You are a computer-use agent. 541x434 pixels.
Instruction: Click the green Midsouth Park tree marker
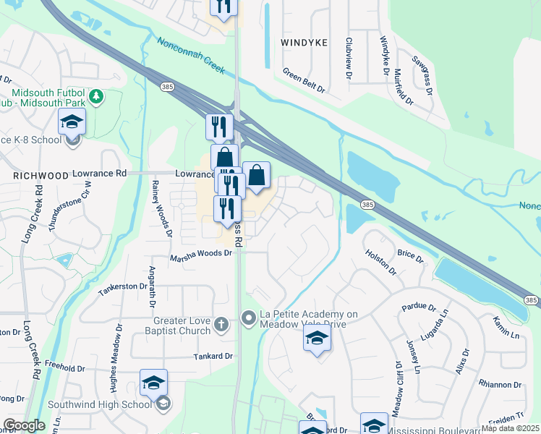[95, 97]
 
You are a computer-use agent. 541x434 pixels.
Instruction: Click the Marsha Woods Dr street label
[201, 254]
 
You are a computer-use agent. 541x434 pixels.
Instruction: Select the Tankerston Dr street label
[123, 286]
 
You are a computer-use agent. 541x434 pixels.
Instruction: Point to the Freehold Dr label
[65, 368]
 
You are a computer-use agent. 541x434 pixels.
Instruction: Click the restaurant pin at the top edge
[223, 6]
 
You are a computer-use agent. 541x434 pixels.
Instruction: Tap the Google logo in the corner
[24, 425]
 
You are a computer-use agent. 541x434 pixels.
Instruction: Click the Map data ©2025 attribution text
[510, 428]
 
